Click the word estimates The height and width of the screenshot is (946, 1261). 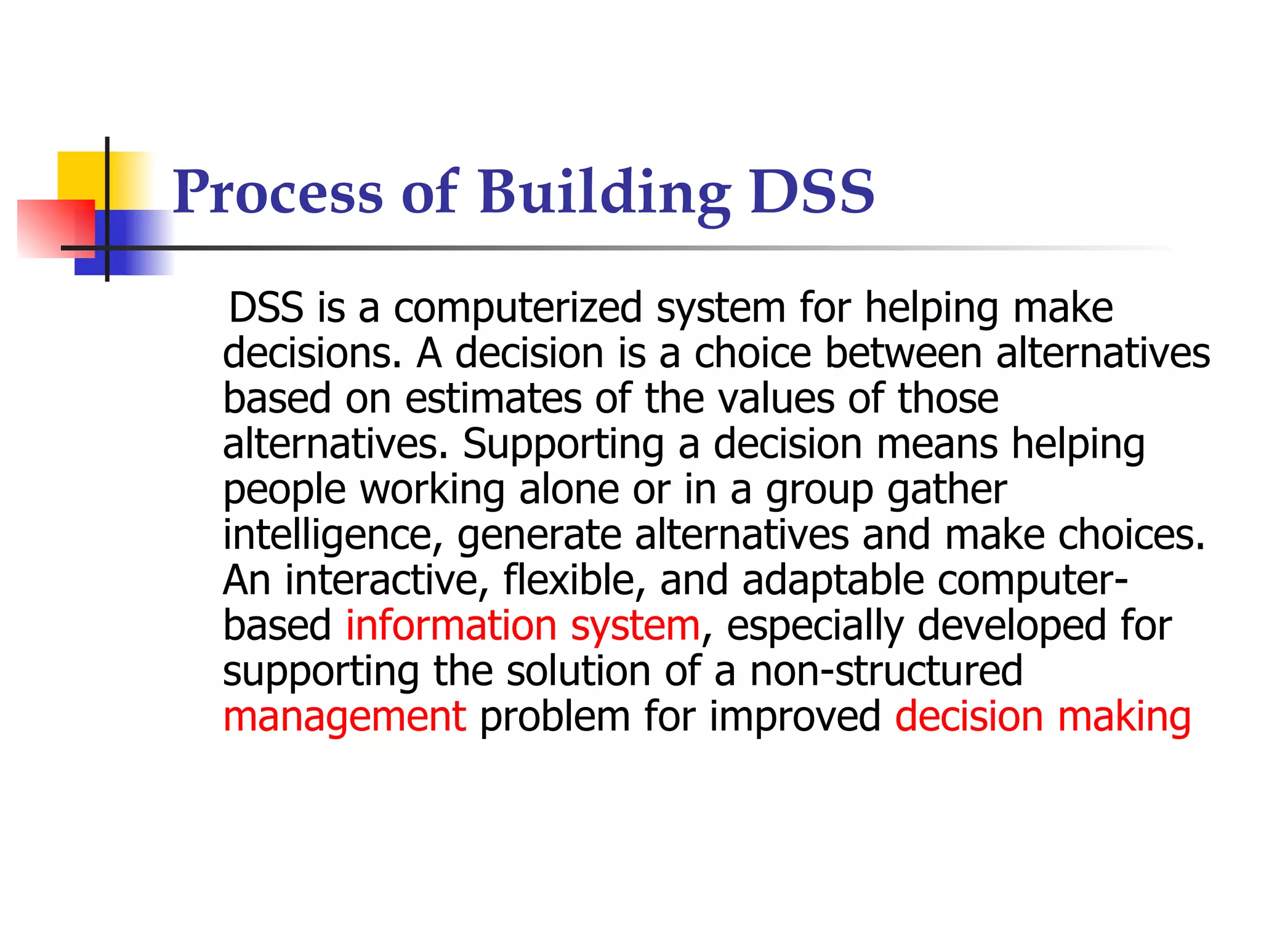493,398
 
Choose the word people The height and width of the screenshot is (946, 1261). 284,490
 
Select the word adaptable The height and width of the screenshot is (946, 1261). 832,580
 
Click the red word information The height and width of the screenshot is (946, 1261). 451,626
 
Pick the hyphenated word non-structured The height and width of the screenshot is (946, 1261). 885,671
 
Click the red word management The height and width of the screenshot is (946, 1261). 344,717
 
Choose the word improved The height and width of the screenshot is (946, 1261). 795,717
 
